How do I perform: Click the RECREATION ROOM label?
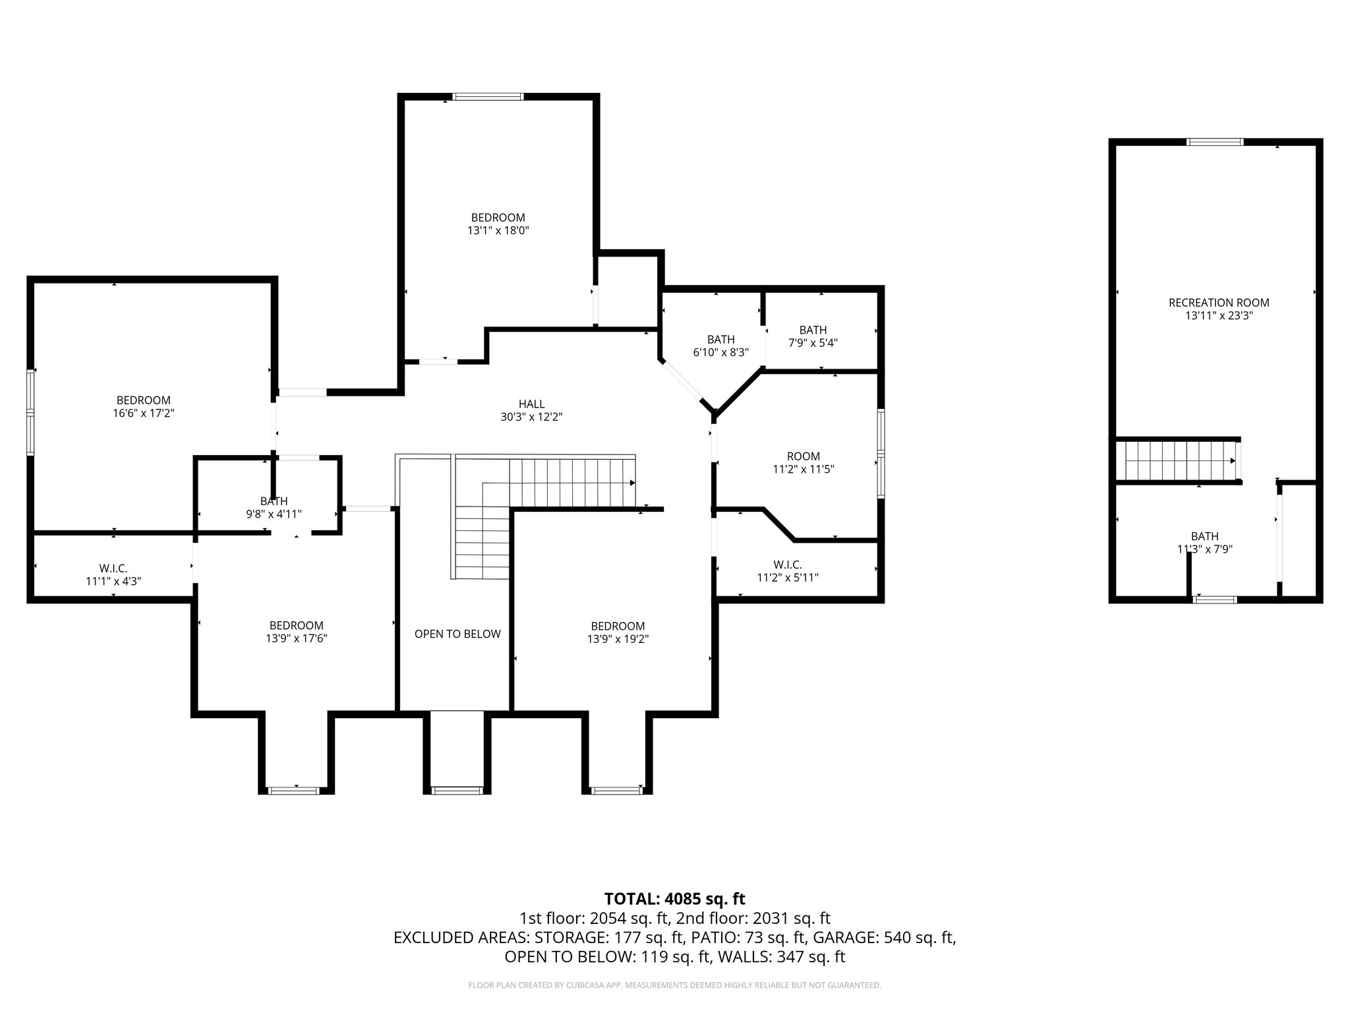click(1218, 303)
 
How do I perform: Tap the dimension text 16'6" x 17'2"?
click(143, 414)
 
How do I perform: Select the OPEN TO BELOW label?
click(457, 634)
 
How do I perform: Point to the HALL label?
click(531, 404)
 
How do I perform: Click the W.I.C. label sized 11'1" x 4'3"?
click(113, 568)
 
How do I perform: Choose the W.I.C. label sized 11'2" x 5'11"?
click(788, 565)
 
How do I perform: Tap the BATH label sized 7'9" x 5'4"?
click(813, 330)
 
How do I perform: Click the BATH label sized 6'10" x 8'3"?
click(720, 340)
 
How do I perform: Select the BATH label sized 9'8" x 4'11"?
click(274, 501)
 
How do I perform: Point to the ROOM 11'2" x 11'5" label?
click(803, 456)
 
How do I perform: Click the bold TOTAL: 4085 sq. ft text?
click(674, 898)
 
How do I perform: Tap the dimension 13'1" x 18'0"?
click(498, 231)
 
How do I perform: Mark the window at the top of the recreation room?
click(1216, 142)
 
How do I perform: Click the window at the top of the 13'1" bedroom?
click(488, 97)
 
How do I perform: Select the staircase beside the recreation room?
click(1177, 461)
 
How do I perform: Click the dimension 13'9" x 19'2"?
click(618, 639)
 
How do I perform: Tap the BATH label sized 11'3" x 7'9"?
click(1204, 536)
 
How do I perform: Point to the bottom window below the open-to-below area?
click(457, 789)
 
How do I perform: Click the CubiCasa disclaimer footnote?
click(674, 985)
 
